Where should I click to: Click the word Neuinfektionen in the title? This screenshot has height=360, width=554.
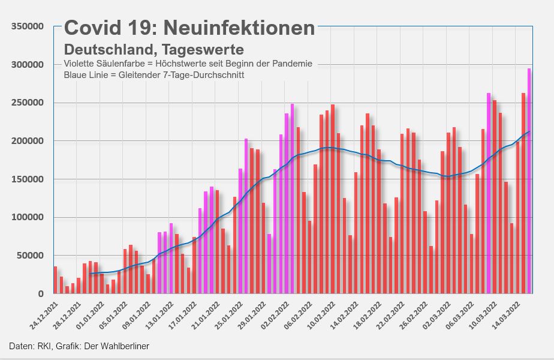coord(239,28)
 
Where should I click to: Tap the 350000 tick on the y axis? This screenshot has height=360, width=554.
coord(28,26)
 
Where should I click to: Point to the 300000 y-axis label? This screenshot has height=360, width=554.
coord(28,65)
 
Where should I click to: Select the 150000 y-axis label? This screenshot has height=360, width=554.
coord(28,179)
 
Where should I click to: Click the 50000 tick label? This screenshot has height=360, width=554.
coord(30,256)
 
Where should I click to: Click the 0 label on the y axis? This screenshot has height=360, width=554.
coord(41,294)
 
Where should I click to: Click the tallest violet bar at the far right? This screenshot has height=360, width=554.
coord(529,180)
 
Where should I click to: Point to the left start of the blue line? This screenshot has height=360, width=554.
coord(90,274)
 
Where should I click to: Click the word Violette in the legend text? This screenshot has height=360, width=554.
coord(80,64)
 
